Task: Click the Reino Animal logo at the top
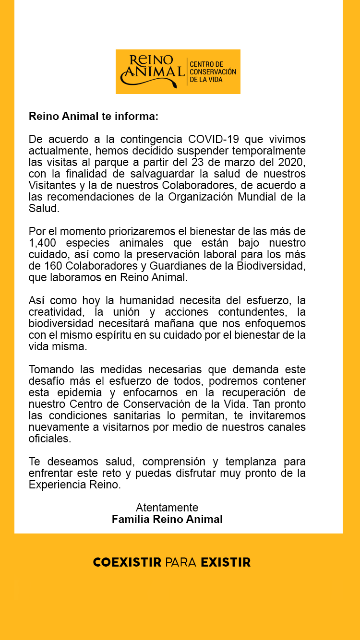(178, 71)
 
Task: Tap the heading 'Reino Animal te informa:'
(93, 117)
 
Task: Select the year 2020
(291, 162)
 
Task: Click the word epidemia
(77, 392)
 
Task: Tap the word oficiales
(49, 439)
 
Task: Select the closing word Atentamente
(167, 508)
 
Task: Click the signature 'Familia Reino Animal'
(167, 519)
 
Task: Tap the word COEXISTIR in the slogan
(127, 562)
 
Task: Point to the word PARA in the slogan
(181, 562)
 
